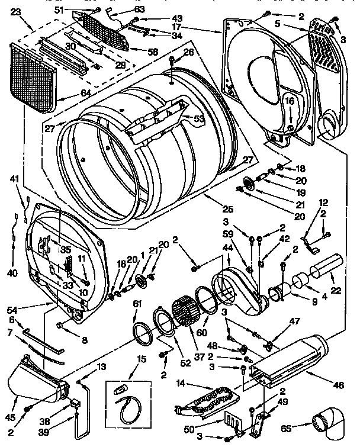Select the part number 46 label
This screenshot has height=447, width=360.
tap(338, 385)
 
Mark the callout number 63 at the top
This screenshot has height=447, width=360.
tap(139, 9)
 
